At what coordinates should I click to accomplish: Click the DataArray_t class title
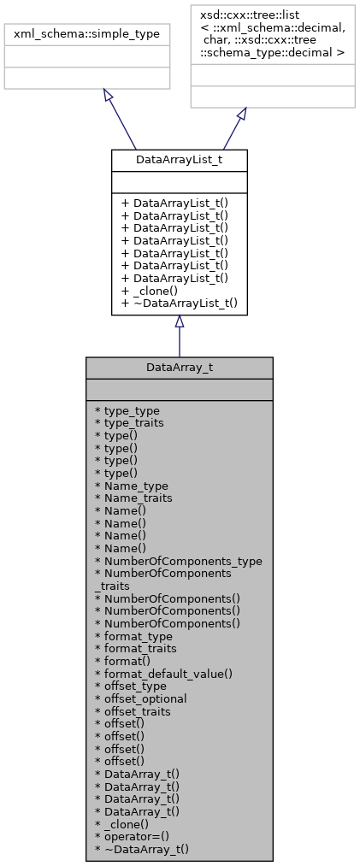tap(180, 367)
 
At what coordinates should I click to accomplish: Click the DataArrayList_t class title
tap(180, 159)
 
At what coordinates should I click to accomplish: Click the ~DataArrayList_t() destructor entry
tap(180, 303)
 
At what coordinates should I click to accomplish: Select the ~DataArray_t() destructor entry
tap(142, 849)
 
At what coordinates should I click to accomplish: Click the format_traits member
tap(138, 649)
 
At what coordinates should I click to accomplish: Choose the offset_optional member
tap(141, 698)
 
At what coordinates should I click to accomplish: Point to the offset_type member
tap(135, 686)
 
